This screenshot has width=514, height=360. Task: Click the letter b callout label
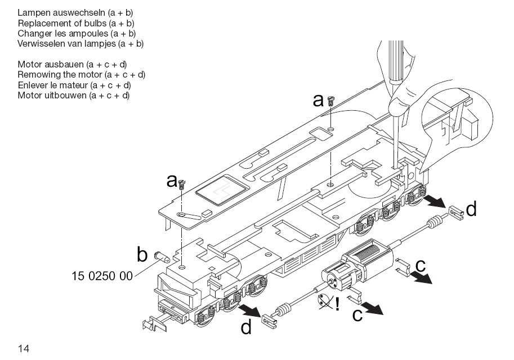click(x=142, y=255)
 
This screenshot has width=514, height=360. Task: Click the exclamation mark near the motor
click(x=337, y=304)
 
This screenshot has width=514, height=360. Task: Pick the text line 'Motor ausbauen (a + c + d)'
click(x=72, y=65)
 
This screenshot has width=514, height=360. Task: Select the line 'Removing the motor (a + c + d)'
click(x=82, y=74)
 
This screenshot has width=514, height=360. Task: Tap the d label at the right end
click(x=471, y=210)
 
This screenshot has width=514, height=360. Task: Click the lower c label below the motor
click(x=357, y=315)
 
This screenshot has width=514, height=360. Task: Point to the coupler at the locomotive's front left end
click(x=151, y=325)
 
